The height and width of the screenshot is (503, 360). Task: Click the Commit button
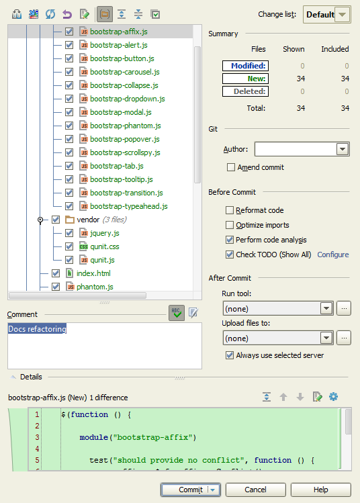190,490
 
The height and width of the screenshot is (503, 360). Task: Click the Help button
320,490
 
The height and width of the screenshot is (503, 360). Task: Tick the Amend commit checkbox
230,167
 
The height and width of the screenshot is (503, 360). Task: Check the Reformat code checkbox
230,210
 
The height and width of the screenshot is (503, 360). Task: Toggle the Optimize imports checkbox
230,225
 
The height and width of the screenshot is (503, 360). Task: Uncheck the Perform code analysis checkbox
230,240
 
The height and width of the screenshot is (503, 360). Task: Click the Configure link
332,255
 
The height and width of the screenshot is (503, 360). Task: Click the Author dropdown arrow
343,149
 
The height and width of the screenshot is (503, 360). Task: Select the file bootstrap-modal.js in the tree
121,112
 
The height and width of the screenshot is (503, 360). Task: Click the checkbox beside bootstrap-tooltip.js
69,179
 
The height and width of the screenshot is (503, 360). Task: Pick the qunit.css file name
105,246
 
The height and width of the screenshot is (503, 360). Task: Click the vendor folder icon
70,220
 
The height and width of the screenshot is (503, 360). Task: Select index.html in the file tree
93,273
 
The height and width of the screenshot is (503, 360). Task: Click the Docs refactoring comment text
37,329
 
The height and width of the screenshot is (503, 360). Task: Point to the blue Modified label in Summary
245,66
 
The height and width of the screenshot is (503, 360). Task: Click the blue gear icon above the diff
333,397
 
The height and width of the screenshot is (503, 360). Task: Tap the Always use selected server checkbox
230,355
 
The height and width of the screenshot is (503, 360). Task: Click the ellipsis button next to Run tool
344,308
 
